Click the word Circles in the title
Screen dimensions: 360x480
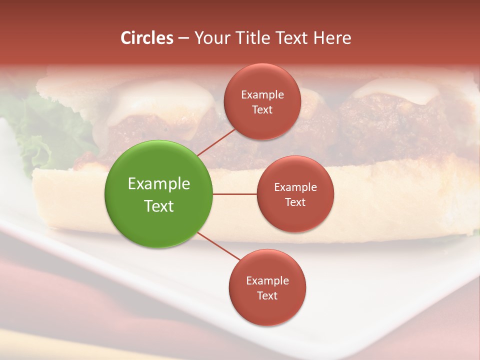coord(147,38)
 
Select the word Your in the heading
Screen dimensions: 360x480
coord(210,38)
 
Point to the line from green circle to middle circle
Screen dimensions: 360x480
coord(235,194)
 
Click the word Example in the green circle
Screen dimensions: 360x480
coord(159,184)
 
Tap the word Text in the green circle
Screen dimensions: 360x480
coord(159,206)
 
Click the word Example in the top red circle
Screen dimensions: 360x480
coord(262,94)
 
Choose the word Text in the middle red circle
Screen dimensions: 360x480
coord(295,202)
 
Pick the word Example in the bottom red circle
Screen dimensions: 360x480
coord(267,280)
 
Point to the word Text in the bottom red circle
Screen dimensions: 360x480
coord(267,295)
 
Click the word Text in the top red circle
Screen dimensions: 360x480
coord(262,109)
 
